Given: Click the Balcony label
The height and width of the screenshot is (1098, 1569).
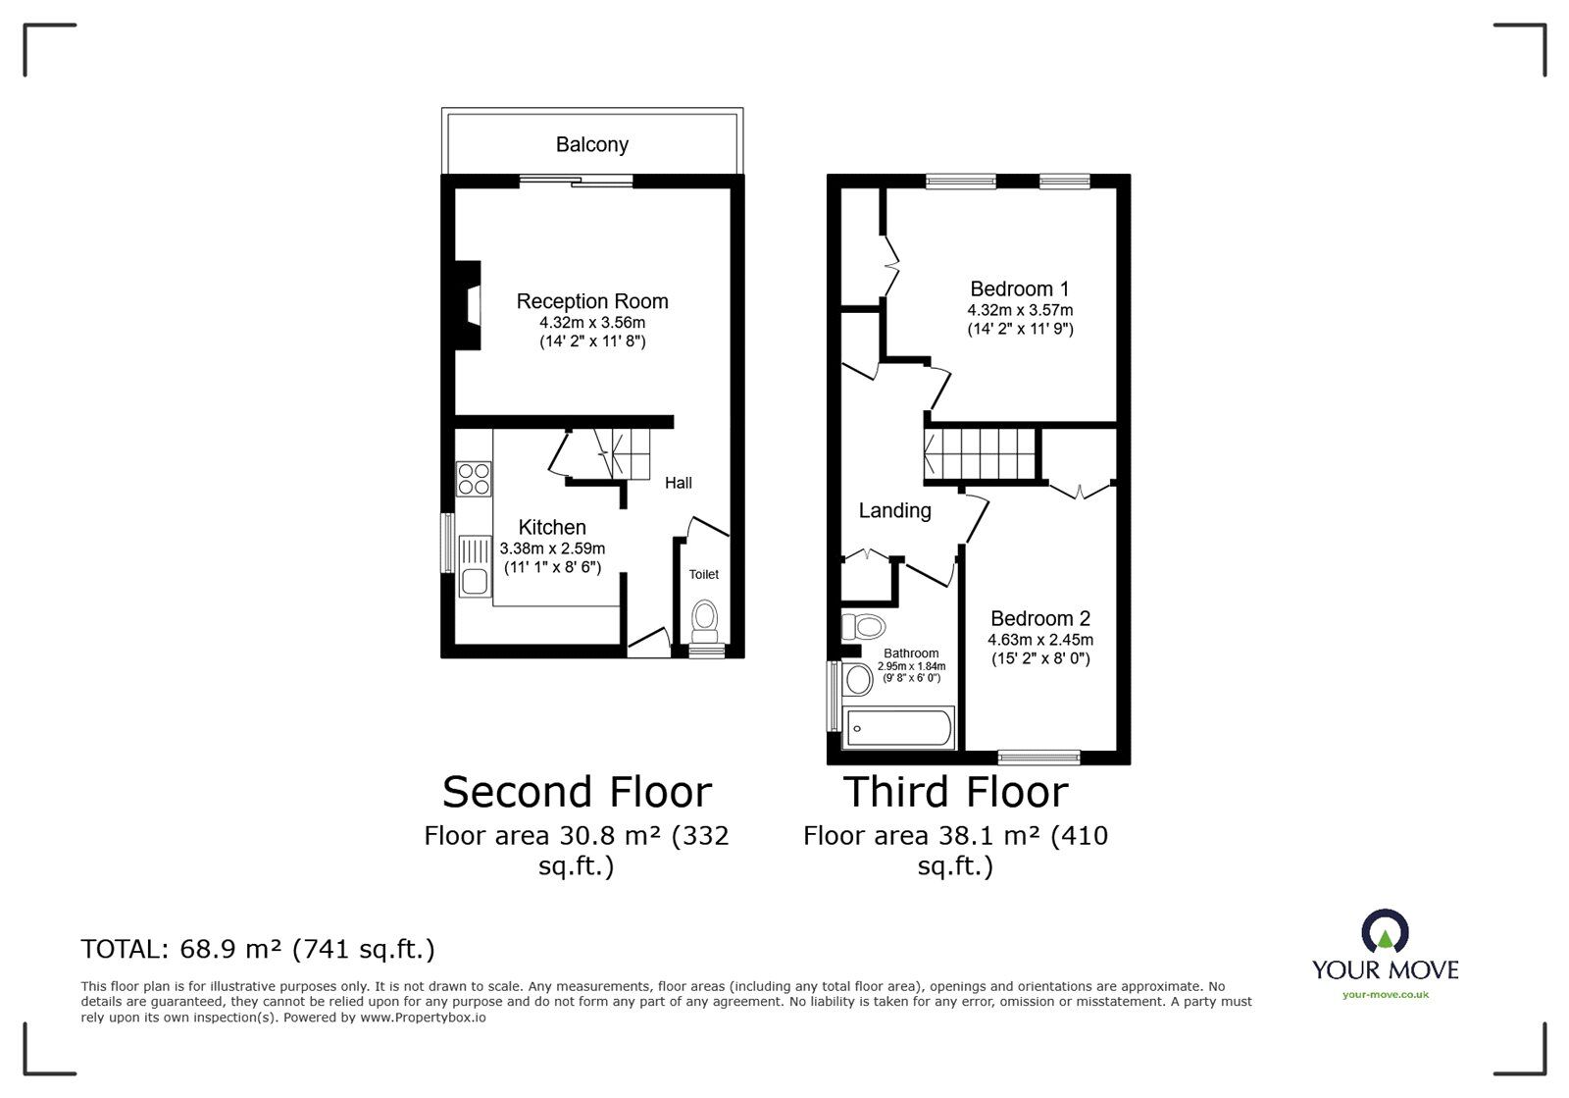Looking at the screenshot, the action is (592, 144).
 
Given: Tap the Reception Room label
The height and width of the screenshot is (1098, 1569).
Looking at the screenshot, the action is (592, 301).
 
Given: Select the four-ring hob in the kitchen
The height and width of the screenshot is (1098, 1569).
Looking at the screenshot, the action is (474, 479).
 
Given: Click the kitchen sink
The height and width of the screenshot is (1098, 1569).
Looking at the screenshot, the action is (475, 566).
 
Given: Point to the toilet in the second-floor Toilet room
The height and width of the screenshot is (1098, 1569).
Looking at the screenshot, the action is (704, 622).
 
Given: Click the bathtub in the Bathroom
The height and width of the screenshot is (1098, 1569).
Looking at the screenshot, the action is (898, 727).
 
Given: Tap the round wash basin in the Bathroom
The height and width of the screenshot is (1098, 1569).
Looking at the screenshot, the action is (857, 679).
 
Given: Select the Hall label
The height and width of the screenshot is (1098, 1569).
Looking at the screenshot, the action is (678, 483).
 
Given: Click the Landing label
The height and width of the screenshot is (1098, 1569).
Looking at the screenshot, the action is (894, 511).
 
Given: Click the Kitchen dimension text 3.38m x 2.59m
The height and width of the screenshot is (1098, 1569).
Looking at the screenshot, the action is (552, 549).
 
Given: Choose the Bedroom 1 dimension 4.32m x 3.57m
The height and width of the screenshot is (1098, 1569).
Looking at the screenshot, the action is (1020, 310).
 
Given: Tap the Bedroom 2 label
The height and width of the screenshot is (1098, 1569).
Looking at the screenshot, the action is (1040, 619).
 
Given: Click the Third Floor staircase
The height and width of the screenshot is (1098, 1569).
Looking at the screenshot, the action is (980, 454).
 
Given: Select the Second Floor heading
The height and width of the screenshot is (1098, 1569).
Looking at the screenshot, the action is (577, 792).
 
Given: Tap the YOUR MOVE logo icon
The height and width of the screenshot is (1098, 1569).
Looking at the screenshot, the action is (1385, 931).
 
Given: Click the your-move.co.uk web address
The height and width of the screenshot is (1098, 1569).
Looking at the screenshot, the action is (1386, 995).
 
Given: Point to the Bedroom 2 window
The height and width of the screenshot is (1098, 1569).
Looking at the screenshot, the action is (1038, 757).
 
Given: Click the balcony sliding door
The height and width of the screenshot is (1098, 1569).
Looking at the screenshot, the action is (576, 181).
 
